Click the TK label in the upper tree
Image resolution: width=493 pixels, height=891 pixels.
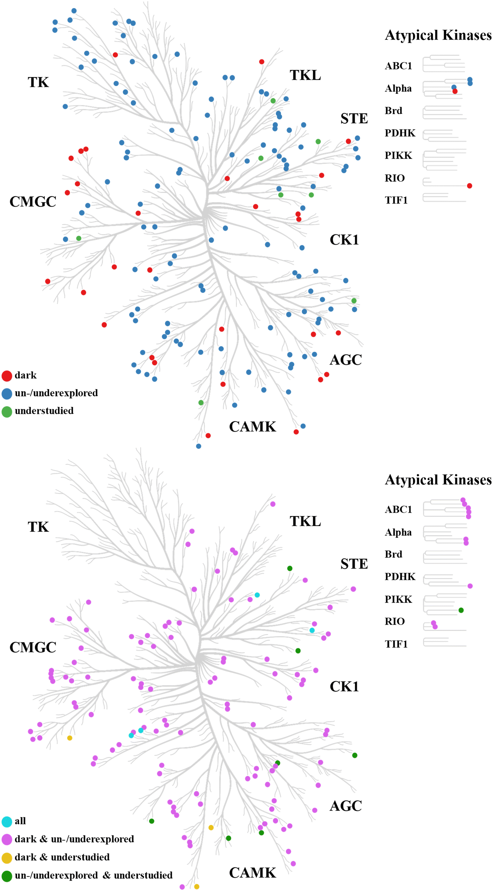38,82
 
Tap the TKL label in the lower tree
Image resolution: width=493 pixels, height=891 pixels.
305,521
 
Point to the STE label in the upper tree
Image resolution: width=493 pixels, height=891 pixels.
354,118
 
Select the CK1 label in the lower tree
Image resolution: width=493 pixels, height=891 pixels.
344,686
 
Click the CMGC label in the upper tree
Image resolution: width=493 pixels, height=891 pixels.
33,201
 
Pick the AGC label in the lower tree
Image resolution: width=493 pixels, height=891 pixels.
346,806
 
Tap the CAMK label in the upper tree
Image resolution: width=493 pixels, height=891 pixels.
252,426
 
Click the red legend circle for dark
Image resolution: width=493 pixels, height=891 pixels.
7,375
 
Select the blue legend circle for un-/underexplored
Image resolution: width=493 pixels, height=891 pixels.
7,393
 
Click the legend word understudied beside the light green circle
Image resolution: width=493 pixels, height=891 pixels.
44,411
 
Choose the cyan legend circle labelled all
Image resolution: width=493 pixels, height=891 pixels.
7,821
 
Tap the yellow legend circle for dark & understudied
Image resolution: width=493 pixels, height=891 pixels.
7,858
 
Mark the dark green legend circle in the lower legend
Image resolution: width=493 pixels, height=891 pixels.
7,876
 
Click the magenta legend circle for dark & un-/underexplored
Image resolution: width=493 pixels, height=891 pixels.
7,839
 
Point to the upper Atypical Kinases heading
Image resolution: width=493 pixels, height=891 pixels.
438,35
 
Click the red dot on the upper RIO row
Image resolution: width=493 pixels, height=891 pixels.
469,186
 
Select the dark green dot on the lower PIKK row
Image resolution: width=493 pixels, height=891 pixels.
461,610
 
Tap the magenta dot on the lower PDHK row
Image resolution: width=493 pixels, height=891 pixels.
470,586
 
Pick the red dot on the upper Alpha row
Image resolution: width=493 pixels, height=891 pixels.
455,91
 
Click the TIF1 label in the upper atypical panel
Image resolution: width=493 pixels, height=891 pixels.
396,200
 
